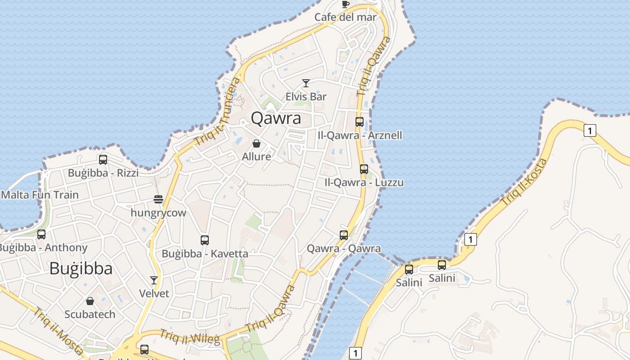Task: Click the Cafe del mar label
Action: coord(345,17)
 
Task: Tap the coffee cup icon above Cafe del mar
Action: coord(345,4)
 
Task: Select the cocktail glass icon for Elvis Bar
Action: coord(306,83)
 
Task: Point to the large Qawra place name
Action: coord(276,118)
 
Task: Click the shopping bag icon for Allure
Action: coord(256,144)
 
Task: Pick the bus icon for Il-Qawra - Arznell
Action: coord(359,122)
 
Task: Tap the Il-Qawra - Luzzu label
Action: coord(364,182)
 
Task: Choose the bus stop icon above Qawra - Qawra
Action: coord(344,235)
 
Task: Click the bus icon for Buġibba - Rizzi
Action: coord(103,160)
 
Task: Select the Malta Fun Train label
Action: coord(40,195)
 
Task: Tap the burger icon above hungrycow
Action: coord(158,199)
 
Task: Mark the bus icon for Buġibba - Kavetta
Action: coord(205,240)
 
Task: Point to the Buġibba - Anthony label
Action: coord(43,247)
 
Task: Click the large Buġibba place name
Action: coord(81,269)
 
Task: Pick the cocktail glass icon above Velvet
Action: coord(154,280)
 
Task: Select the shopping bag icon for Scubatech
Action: coord(90,301)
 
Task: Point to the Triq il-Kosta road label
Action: coord(524,182)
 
